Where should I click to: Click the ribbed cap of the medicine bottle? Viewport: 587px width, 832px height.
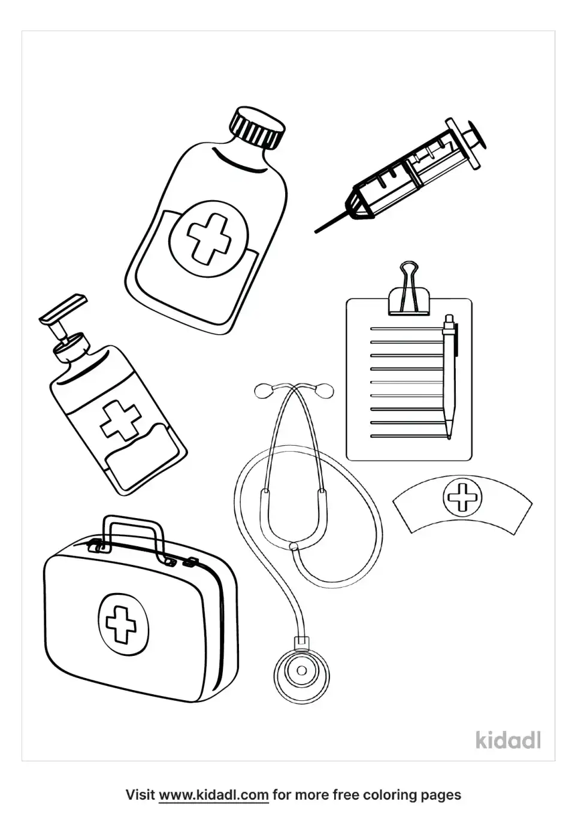click(257, 128)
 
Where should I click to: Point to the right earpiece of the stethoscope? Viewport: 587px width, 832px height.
click(324, 391)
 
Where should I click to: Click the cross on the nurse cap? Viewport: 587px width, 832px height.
click(462, 497)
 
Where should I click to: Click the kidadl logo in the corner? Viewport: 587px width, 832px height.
click(509, 740)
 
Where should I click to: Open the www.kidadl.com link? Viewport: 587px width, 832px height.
click(214, 795)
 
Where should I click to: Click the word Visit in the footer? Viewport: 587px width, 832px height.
click(140, 795)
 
